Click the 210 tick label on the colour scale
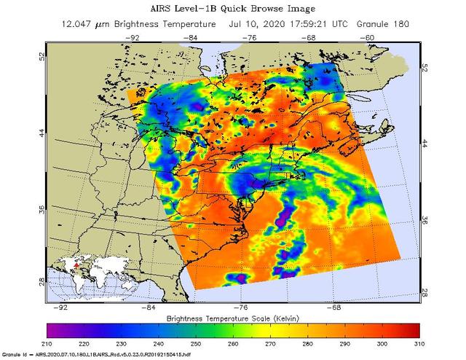click(x=48, y=342)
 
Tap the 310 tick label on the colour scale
click(x=419, y=342)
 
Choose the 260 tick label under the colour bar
click(x=233, y=342)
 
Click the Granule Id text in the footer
click(x=16, y=355)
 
